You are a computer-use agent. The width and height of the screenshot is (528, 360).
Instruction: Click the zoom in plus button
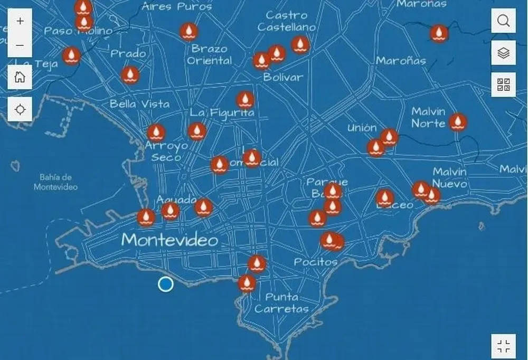[20, 22]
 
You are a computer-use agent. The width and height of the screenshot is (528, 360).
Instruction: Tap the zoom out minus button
[20, 45]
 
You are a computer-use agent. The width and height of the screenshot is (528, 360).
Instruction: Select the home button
[20, 78]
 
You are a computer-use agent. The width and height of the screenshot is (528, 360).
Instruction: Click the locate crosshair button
[20, 109]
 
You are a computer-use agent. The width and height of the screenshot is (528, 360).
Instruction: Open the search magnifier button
[504, 21]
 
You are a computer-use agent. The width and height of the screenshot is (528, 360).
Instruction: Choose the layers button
[504, 53]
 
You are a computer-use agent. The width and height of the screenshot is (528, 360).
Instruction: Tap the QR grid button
[504, 84]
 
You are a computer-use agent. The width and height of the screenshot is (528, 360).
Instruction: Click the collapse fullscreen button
[504, 346]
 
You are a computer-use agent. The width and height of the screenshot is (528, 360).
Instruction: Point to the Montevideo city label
[169, 240]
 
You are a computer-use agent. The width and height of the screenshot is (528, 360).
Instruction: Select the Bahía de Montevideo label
[55, 182]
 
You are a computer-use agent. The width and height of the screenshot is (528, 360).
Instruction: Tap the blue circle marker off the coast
[165, 284]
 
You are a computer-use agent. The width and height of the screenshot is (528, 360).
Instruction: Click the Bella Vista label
[139, 104]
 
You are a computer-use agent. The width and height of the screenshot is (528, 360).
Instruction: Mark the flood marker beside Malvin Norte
[458, 122]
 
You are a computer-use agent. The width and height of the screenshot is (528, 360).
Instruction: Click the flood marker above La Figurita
[244, 99]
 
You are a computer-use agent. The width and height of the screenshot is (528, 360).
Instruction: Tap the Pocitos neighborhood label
[315, 262]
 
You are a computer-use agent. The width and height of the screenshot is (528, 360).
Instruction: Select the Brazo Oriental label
[210, 55]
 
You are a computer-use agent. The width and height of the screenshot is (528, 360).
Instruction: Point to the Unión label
[362, 128]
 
